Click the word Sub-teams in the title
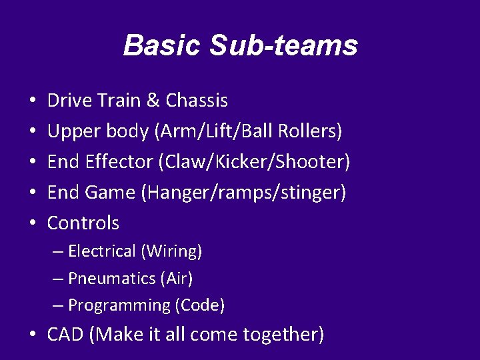pyautogui.click(x=284, y=45)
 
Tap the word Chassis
pyautogui.click(x=197, y=101)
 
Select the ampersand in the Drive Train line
pyautogui.click(x=153, y=101)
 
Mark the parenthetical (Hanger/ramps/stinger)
pyautogui.click(x=243, y=193)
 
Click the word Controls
pyautogui.click(x=83, y=223)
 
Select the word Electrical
pyautogui.click(x=102, y=251)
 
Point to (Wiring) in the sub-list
pyautogui.click(x=171, y=251)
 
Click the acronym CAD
pyautogui.click(x=65, y=334)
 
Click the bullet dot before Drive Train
pyautogui.click(x=33, y=101)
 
